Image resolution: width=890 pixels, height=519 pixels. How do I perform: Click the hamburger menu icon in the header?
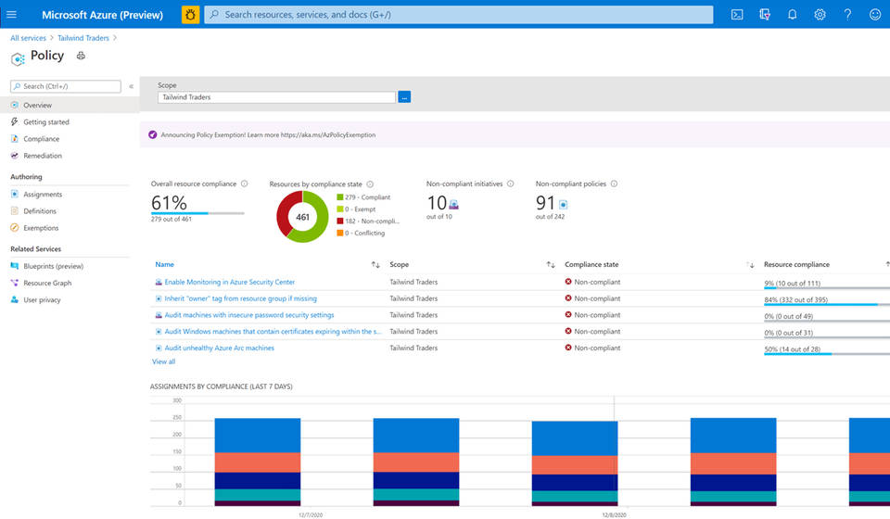click(11, 15)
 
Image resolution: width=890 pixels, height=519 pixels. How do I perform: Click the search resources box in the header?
click(459, 15)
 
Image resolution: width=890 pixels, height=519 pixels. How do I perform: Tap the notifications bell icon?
click(792, 15)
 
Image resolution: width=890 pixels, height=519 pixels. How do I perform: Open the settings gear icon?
click(820, 15)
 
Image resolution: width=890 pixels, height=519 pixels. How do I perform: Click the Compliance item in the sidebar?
click(41, 139)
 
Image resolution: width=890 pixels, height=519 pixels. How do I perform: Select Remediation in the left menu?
click(43, 156)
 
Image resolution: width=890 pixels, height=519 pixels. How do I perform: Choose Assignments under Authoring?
click(43, 195)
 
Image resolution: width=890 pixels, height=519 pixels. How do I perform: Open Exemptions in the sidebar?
click(41, 228)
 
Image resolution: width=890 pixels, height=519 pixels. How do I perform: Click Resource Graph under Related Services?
click(47, 284)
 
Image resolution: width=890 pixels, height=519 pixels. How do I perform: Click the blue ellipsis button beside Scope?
click(404, 97)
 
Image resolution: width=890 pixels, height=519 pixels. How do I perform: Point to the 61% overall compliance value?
click(169, 203)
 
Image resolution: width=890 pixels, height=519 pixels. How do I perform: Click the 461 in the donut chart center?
click(302, 217)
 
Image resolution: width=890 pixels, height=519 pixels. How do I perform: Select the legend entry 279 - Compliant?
click(367, 197)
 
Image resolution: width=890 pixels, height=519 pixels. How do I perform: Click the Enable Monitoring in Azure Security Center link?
click(229, 282)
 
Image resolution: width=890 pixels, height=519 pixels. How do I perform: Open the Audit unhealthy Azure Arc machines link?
click(219, 348)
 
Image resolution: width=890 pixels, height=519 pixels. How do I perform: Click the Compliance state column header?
click(591, 265)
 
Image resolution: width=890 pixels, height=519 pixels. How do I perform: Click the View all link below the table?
click(163, 361)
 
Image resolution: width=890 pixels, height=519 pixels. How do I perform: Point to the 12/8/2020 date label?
click(614, 514)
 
